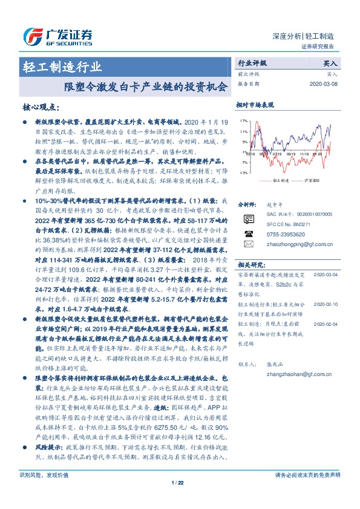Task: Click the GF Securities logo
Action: tap(58, 36)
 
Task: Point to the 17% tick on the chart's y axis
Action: tap(243, 121)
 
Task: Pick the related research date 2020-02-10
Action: tap(329, 306)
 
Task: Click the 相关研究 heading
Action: tap(249, 265)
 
